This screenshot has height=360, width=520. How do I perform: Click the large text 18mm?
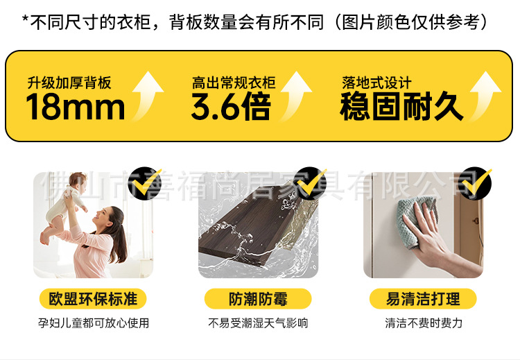pos(76,106)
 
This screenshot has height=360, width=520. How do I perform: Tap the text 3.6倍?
pos(231,106)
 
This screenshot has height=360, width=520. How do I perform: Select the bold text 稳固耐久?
pos(401,106)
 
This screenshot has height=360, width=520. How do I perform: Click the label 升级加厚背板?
pos(69,83)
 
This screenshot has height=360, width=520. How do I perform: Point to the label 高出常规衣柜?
pos(234,83)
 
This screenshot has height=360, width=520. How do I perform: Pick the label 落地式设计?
pos(376,83)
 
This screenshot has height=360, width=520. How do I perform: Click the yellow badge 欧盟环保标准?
pos(93,299)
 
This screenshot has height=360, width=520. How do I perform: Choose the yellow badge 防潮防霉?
pos(258,299)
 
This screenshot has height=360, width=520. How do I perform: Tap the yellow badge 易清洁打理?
pos(423,299)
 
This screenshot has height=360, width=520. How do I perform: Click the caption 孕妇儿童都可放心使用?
pos(93,323)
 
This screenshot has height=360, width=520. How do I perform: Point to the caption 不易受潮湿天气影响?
pos(258,323)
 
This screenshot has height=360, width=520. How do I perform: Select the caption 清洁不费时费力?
pos(424,323)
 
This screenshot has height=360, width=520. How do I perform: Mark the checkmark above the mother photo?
pos(146,183)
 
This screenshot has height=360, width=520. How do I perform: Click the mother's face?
pos(105,218)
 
